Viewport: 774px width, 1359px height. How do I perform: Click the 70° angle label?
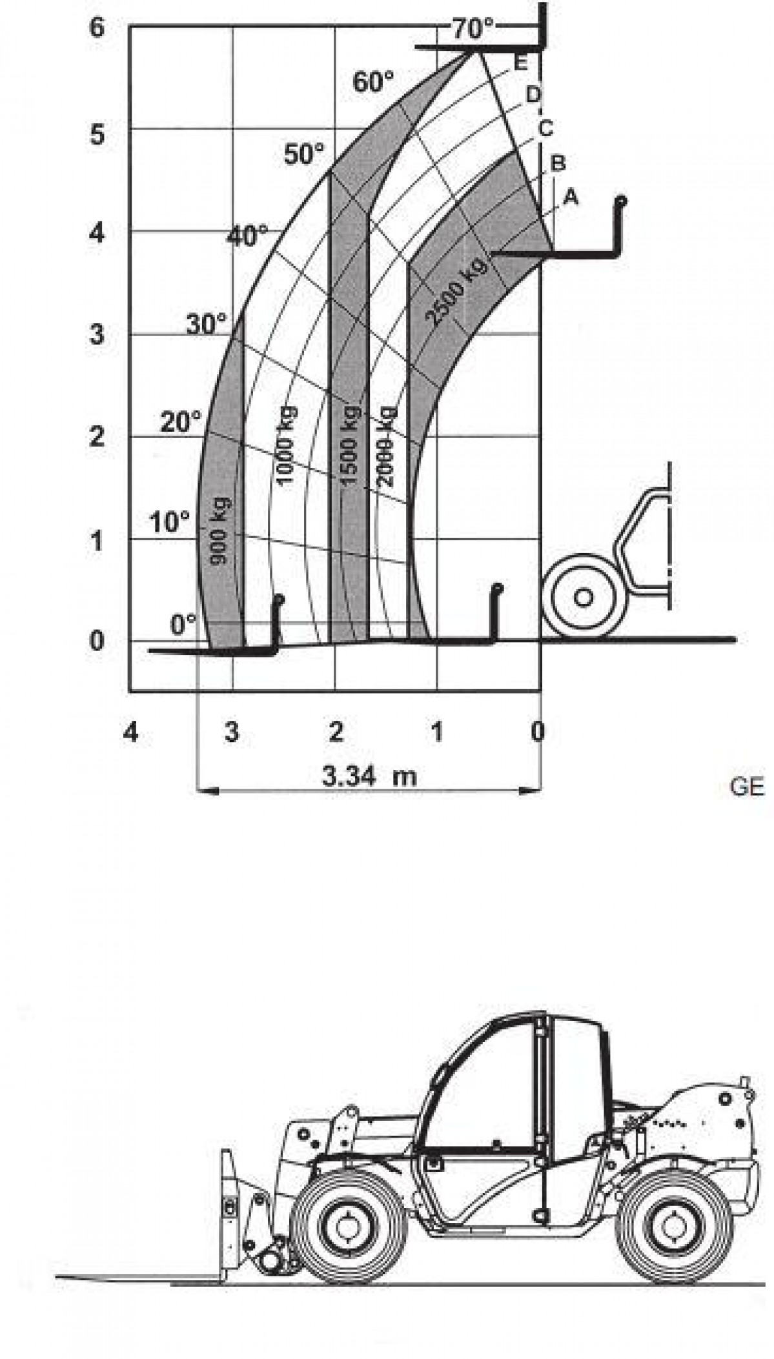(x=472, y=28)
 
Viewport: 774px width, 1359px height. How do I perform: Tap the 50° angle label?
(x=305, y=154)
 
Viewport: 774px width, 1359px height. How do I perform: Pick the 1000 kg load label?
(x=286, y=445)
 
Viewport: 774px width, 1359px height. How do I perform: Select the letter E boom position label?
(x=521, y=63)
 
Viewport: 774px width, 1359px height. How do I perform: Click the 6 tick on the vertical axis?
(x=96, y=29)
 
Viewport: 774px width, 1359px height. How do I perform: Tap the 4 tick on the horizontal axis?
(x=131, y=732)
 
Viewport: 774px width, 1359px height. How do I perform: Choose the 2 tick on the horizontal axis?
(x=336, y=732)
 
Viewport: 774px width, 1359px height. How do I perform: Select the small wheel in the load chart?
(x=583, y=598)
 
